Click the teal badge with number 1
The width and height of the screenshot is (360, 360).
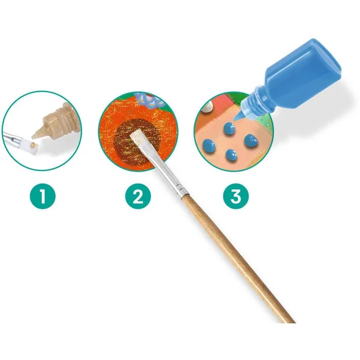(x=43, y=196)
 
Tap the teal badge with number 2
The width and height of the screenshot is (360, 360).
(x=138, y=196)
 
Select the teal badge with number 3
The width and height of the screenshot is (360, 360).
(x=236, y=196)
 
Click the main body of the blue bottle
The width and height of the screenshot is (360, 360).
(x=302, y=66)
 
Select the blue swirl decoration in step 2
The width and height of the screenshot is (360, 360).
(x=149, y=100)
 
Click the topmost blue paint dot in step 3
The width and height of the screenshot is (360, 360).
(x=229, y=128)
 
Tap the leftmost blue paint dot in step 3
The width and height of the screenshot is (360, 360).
(x=209, y=145)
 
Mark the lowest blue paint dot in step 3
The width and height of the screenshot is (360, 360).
(x=231, y=155)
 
